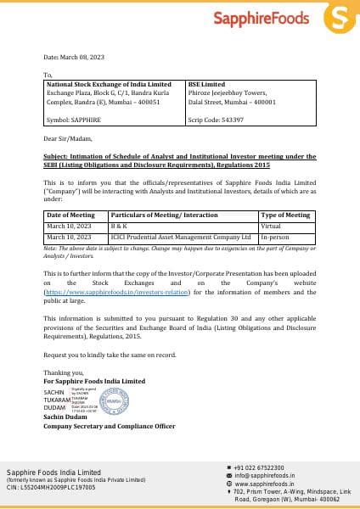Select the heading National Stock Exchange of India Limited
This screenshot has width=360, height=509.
pos(108,85)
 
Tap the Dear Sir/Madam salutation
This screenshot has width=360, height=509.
pos(67,137)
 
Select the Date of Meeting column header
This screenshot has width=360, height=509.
pos(71,215)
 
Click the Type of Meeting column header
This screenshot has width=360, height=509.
pos(285,215)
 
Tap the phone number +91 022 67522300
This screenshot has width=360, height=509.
pos(259,467)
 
